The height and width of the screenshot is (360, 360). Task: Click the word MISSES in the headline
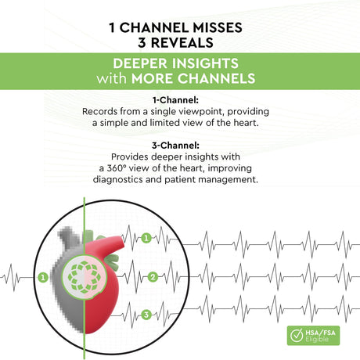click(218, 27)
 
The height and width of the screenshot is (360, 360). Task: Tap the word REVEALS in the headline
click(182, 43)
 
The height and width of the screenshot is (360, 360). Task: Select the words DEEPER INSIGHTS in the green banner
click(175, 63)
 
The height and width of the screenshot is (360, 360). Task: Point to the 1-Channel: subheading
click(175, 100)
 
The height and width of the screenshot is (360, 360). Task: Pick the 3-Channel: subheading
click(175, 146)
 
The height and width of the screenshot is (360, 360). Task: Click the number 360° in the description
click(114, 168)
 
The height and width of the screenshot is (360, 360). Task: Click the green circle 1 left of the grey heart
click(43, 277)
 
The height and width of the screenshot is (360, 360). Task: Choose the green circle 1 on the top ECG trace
click(146, 238)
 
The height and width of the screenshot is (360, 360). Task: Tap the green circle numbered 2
click(153, 277)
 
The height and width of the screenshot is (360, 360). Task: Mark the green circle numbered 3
click(146, 315)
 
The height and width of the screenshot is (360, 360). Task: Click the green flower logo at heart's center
click(84, 276)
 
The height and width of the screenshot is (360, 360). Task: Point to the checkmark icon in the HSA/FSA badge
click(297, 336)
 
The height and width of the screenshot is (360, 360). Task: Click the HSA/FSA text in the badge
click(320, 333)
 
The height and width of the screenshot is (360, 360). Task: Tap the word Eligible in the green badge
click(317, 339)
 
